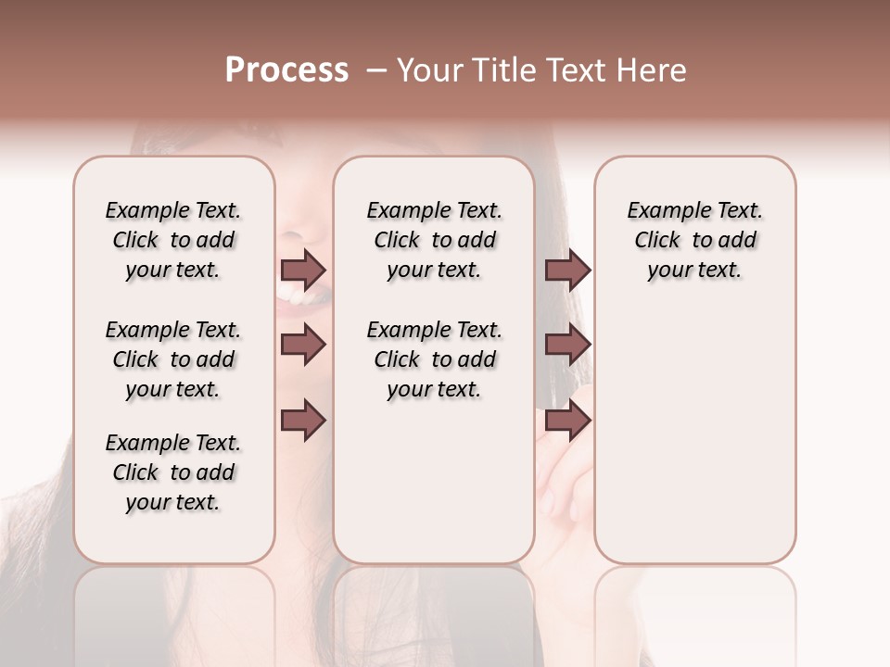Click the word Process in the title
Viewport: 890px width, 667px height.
(286, 70)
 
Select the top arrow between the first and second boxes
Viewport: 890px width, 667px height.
(303, 270)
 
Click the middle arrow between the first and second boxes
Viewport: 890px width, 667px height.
(303, 345)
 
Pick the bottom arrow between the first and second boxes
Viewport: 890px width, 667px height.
(303, 421)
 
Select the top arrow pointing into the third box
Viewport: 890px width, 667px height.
(567, 270)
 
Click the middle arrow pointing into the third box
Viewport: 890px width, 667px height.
(567, 345)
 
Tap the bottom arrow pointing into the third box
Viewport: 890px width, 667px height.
(567, 421)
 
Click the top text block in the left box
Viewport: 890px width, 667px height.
(173, 240)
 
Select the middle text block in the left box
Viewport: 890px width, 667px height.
(173, 359)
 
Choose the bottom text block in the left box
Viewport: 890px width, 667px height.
(173, 472)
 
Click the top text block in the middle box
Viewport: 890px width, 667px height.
(435, 240)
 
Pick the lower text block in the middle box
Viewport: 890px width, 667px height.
(435, 359)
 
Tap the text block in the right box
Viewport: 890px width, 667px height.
(695, 240)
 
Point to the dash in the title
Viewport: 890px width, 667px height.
(375, 70)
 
